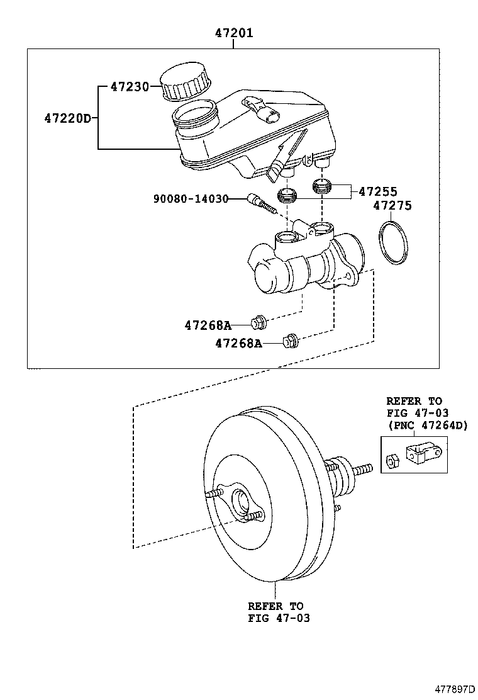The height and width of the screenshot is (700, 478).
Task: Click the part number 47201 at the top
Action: (233, 33)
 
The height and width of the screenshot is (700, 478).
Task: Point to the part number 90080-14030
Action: (191, 199)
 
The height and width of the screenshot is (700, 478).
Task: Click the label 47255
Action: (377, 191)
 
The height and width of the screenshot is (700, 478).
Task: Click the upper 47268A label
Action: (208, 325)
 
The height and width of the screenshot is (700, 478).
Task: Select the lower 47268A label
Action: (238, 343)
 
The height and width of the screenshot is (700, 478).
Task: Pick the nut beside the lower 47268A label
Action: (290, 341)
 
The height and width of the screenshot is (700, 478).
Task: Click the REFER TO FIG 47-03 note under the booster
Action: (279, 612)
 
